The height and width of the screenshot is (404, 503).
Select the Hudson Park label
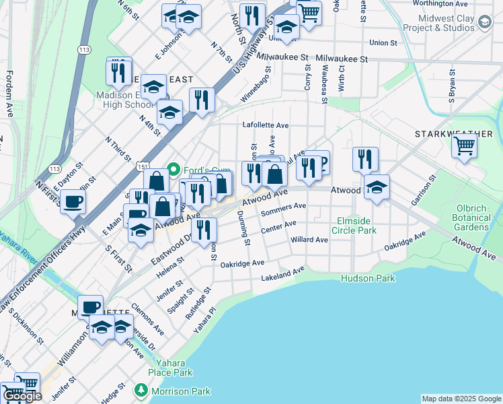(368, 278)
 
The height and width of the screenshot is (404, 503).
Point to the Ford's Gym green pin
(173, 168)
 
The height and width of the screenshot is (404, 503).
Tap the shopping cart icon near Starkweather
(464, 145)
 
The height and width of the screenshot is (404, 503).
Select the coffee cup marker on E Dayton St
(73, 201)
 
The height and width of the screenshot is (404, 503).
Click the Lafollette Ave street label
(266, 125)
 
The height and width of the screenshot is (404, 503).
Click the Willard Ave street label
(309, 240)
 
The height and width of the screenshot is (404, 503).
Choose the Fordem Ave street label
(9, 94)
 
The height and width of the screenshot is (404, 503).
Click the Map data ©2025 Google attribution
(461, 399)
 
